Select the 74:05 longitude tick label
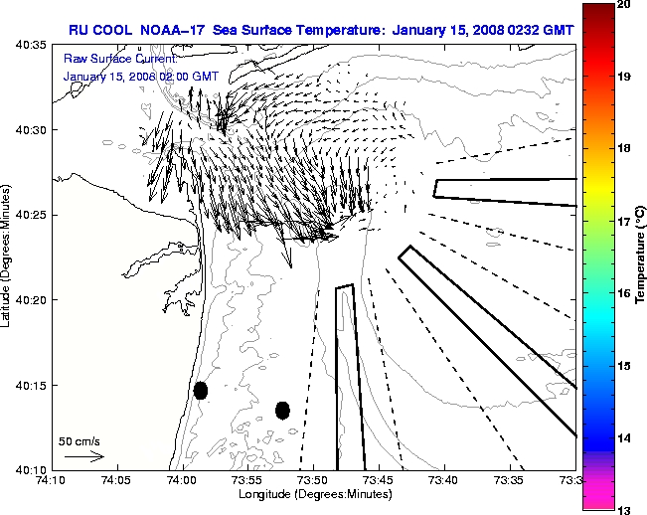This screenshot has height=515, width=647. click(x=117, y=480)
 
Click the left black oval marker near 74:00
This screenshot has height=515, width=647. click(x=201, y=390)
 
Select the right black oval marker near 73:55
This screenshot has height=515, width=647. click(x=282, y=410)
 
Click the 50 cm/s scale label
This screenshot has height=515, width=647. click(x=80, y=440)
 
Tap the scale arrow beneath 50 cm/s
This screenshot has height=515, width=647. click(x=83, y=456)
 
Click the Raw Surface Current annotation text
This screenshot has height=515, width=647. click(x=119, y=59)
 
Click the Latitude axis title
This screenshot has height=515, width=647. click(x=9, y=257)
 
